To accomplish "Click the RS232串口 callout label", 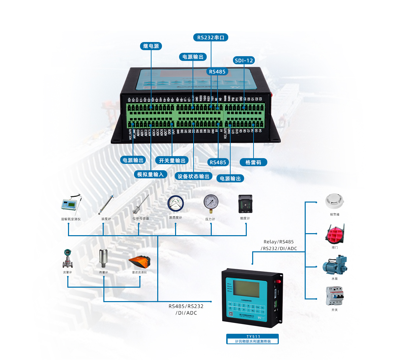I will click(x=211, y=37).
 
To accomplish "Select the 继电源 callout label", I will click(x=151, y=46).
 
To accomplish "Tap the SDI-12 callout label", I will click(x=244, y=61).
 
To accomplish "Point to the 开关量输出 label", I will click(x=172, y=160).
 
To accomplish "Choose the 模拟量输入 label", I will click(x=150, y=174).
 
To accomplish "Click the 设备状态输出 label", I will click(x=193, y=176).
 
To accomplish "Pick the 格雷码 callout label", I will click(x=253, y=162).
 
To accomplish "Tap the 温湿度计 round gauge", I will click(x=175, y=204).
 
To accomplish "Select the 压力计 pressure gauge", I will click(x=211, y=203).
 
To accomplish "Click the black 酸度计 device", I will click(x=245, y=204).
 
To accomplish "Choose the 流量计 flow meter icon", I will click(x=68, y=258).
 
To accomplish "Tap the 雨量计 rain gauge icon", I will click(x=103, y=258).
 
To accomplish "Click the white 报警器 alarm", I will click(x=335, y=201).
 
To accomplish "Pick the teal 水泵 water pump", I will click(x=335, y=265).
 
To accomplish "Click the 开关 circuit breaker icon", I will click(x=335, y=296).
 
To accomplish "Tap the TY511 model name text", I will click(x=253, y=336).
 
